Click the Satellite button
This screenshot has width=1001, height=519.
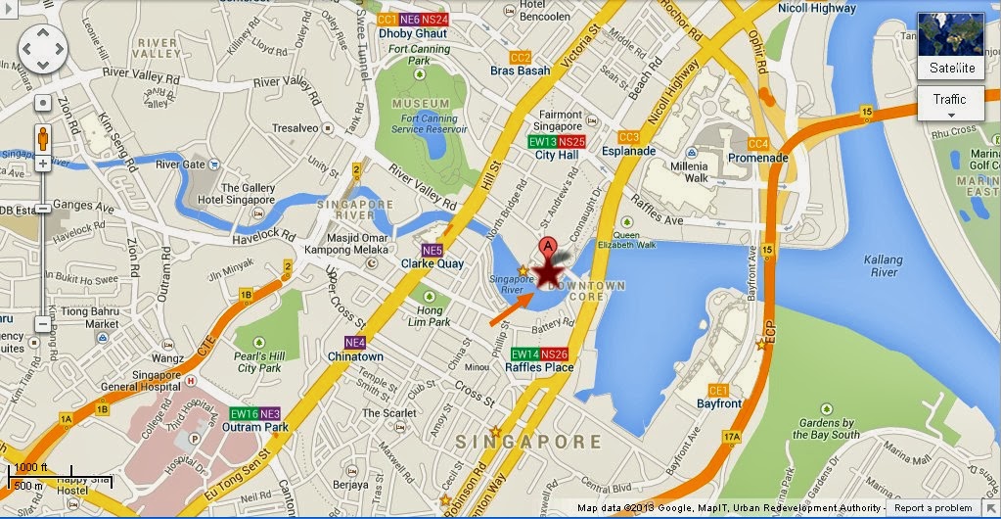click(x=951, y=68)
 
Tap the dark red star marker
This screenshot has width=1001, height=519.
click(x=550, y=268)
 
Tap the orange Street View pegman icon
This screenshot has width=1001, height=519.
click(x=42, y=137)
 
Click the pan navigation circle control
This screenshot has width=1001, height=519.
click(x=42, y=47)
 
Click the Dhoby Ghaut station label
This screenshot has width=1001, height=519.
click(x=413, y=32)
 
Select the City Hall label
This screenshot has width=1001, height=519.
click(x=558, y=156)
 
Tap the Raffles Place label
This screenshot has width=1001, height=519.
click(x=539, y=367)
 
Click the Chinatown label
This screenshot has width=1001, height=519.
click(x=356, y=356)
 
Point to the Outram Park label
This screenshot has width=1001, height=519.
click(x=255, y=427)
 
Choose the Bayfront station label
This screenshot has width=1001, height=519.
click(x=719, y=402)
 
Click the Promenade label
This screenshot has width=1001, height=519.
click(x=757, y=158)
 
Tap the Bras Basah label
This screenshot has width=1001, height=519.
click(x=521, y=71)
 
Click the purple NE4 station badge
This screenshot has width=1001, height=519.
click(x=355, y=343)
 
